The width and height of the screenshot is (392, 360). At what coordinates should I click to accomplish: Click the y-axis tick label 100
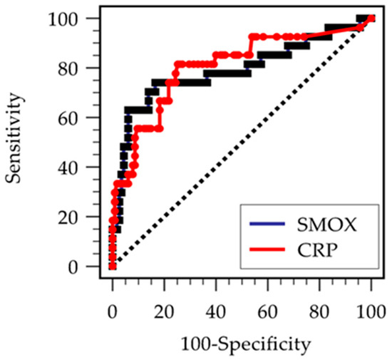63,20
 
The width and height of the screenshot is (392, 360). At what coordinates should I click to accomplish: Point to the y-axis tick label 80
67,69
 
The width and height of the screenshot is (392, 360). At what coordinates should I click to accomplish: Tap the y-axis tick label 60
67,119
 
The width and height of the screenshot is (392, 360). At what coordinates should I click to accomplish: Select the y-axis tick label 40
67,168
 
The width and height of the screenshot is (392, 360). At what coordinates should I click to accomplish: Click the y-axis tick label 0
73,267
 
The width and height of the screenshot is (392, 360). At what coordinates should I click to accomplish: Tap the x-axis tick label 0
113,312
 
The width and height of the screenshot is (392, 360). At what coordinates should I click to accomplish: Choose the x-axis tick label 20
164,312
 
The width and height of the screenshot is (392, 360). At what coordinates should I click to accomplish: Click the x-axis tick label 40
216,312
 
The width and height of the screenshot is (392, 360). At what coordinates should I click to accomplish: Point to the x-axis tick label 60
268,312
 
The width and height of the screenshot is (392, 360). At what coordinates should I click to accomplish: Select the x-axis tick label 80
319,312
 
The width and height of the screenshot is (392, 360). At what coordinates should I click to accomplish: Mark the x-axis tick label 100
371,312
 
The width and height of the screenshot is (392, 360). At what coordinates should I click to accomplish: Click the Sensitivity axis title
13,138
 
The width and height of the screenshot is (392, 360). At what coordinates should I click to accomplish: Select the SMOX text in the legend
326,225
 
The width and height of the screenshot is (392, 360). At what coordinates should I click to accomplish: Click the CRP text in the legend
317,250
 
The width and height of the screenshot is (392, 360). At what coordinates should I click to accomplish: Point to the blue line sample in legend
267,224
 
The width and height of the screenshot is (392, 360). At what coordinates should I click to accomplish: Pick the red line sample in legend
267,249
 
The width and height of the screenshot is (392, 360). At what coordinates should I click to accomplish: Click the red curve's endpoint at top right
371,19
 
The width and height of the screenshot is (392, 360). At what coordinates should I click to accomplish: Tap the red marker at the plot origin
113,267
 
